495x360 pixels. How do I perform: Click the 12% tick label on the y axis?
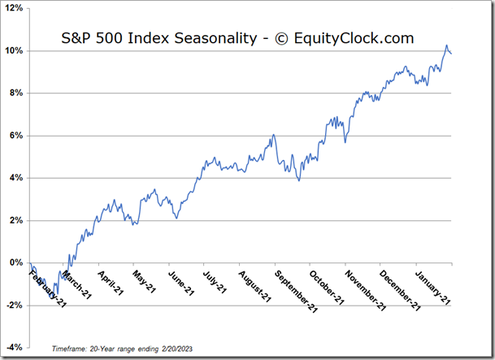point(16,8)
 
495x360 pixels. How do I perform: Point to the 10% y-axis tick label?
point(16,50)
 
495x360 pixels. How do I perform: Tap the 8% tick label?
point(18,93)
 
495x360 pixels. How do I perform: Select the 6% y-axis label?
point(18,135)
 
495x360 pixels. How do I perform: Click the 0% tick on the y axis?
point(18,262)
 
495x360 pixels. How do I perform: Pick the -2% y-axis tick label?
point(16,305)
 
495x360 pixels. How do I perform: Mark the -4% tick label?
point(16,347)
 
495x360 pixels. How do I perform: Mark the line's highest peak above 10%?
point(446,46)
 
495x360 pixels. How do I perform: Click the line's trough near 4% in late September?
point(299,180)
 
